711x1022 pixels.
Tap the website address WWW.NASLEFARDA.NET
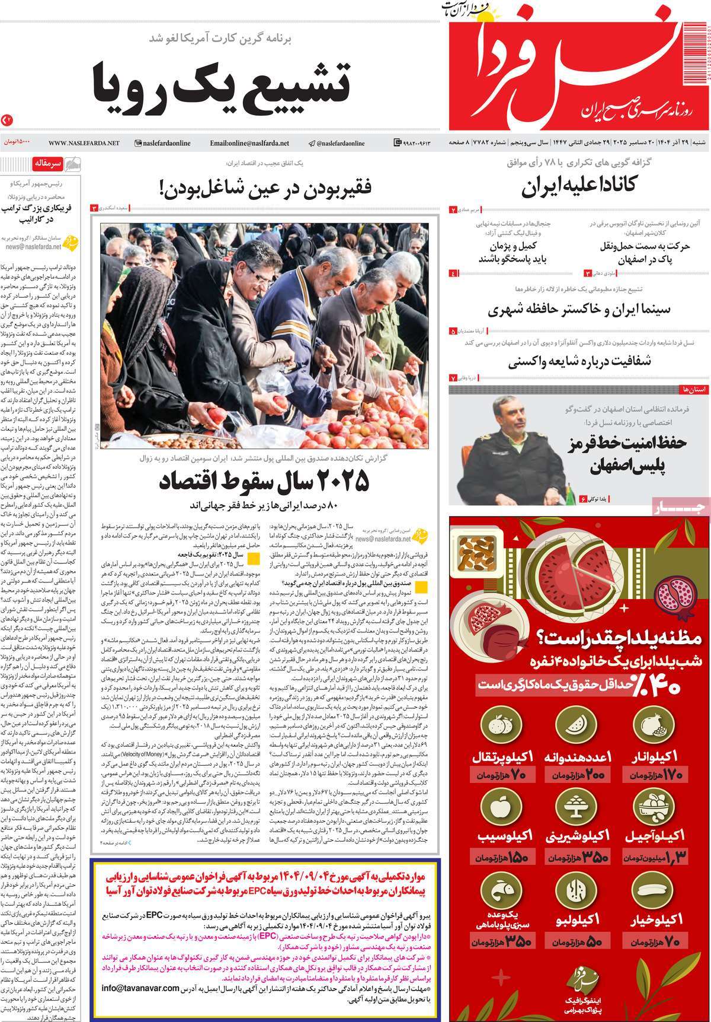(84, 143)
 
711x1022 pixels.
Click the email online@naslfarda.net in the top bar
(249, 143)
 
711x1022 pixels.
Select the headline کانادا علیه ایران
(579, 187)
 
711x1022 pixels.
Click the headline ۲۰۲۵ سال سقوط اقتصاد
(264, 481)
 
